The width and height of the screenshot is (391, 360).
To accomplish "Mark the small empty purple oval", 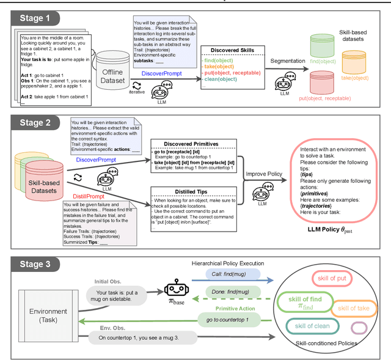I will [x=359, y=328].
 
